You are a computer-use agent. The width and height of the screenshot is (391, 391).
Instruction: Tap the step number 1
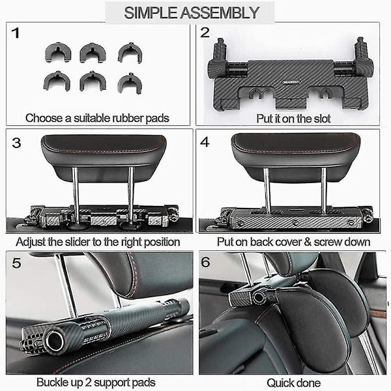click(x=15, y=33)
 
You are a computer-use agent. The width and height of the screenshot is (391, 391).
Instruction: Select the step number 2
click(x=205, y=33)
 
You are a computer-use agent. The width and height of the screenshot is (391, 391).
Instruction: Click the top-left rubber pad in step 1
click(x=59, y=52)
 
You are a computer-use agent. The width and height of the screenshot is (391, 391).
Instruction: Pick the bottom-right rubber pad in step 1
click(x=130, y=81)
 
